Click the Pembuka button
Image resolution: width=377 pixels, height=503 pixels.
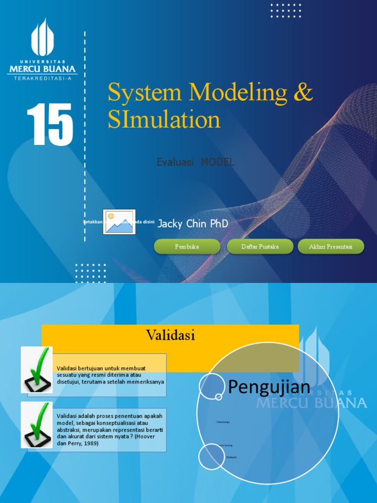click(187, 247)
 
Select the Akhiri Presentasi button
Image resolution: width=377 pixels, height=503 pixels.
click(331, 247)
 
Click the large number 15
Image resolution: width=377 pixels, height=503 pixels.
click(50, 125)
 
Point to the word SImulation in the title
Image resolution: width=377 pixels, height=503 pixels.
click(164, 119)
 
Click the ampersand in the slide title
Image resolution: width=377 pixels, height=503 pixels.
click(303, 92)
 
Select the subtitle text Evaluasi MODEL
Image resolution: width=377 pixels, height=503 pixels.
click(195, 162)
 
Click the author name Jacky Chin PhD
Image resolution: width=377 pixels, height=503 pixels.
click(193, 224)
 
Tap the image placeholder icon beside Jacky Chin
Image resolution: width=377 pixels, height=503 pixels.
click(119, 222)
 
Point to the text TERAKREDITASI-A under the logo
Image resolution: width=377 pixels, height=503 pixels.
click(42, 78)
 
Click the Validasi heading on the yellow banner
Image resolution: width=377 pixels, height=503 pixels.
click(170, 335)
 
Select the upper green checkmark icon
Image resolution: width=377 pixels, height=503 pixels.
click(37, 369)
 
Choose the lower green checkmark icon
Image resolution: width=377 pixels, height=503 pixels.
click(37, 424)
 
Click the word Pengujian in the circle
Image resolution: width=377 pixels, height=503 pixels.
click(269, 387)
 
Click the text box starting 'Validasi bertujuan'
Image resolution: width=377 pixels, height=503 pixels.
click(110, 375)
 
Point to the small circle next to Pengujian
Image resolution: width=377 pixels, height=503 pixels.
click(212, 386)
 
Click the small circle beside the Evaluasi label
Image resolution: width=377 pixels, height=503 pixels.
click(212, 457)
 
